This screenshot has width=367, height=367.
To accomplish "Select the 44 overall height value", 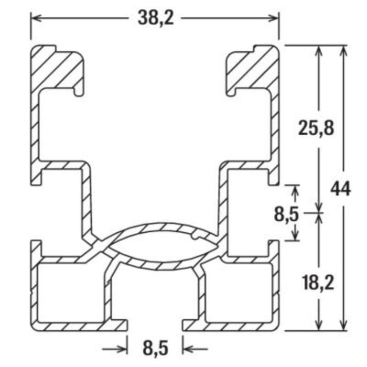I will (x=341, y=188).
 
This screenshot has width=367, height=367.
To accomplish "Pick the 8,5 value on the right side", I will (x=287, y=213).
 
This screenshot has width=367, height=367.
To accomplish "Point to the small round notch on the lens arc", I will (x=197, y=237).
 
